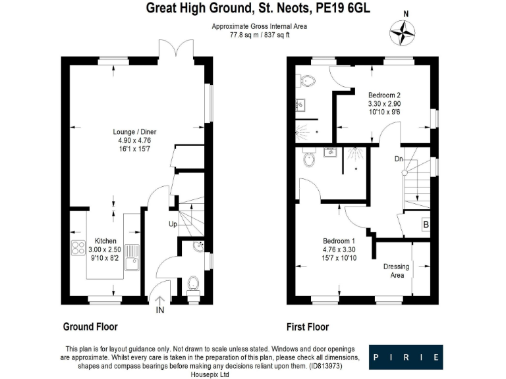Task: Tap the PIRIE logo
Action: pos(406,357)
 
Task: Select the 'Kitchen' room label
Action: pos(105,241)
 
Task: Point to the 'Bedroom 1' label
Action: pos(339,241)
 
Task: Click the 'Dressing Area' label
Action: pos(396,271)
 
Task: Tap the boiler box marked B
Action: pos(426,225)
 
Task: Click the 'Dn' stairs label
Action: pos(398,159)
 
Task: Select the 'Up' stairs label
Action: pos(173,224)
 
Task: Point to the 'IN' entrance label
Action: pos(159,309)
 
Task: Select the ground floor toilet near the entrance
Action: pos(193,283)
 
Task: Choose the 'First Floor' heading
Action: pos(308,327)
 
